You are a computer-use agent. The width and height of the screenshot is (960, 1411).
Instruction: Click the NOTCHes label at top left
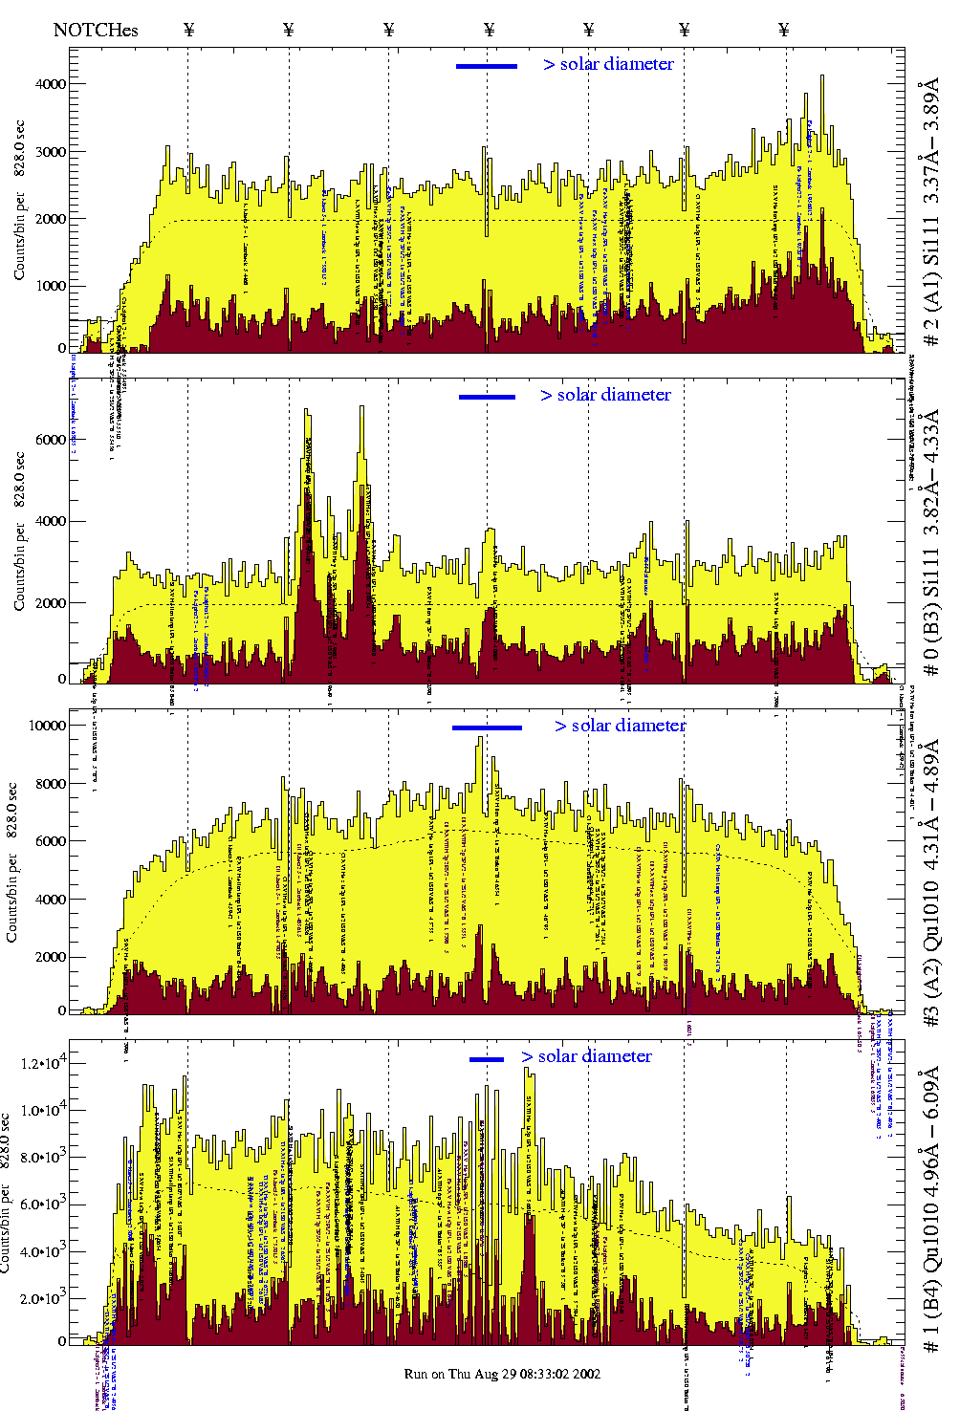(x=96, y=30)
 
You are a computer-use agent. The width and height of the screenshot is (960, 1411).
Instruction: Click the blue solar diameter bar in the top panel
(x=487, y=66)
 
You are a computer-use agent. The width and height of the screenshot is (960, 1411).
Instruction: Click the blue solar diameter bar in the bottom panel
(x=487, y=1059)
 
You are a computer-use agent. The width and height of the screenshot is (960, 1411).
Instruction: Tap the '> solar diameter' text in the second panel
(x=605, y=395)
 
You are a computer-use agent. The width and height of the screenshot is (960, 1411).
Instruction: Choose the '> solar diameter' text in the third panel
(x=620, y=726)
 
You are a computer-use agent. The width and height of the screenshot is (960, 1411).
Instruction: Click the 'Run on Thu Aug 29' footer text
(x=502, y=1374)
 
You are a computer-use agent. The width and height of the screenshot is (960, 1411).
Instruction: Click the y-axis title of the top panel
(x=19, y=201)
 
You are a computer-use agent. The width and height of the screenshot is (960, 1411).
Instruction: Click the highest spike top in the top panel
(x=821, y=76)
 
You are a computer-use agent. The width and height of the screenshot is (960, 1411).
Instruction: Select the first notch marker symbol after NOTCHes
(x=188, y=30)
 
